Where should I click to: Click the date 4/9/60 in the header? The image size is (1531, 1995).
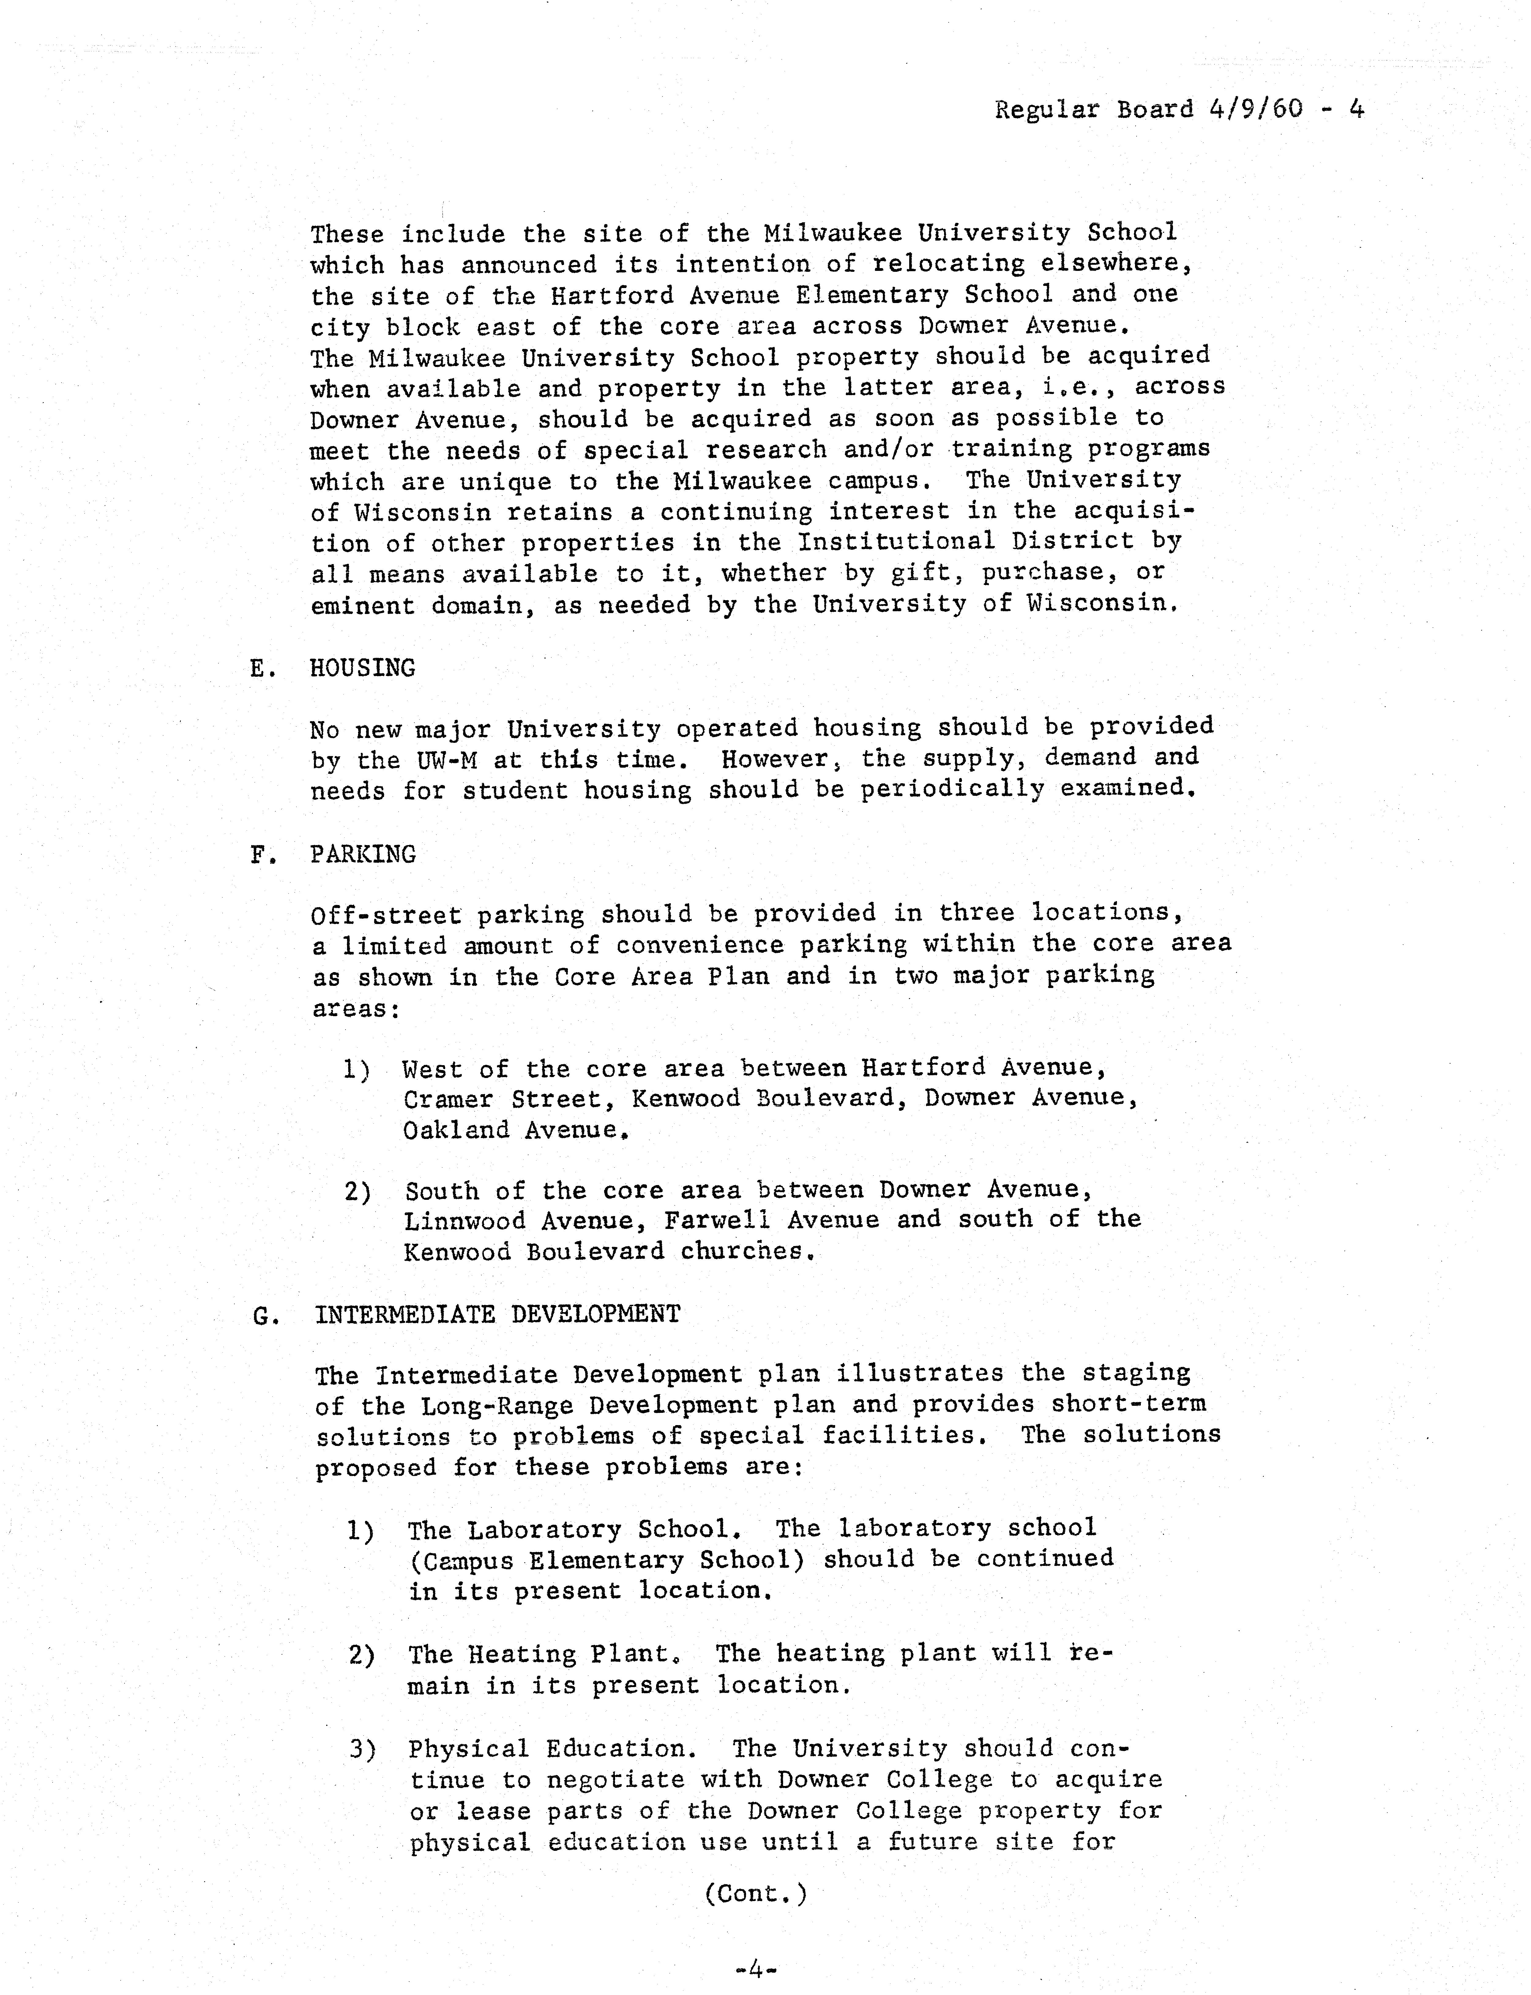1257,109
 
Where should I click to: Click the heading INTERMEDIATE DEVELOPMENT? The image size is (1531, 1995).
498,1314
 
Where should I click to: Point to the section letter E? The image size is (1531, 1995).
260,669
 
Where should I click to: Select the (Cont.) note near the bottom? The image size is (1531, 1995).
756,1894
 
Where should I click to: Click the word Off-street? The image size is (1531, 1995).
386,915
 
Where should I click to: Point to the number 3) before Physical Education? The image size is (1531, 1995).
362,1749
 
